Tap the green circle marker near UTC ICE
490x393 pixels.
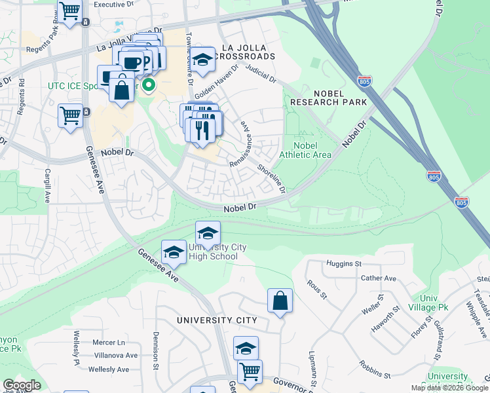pyautogui.click(x=149, y=84)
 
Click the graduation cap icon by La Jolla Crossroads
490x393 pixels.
pyautogui.click(x=203, y=58)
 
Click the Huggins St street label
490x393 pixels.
pyautogui.click(x=343, y=264)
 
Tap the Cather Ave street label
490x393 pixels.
pyautogui.click(x=379, y=278)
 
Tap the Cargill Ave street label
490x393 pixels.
pyautogui.click(x=47, y=187)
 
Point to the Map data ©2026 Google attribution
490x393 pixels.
pyautogui.click(x=449, y=388)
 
